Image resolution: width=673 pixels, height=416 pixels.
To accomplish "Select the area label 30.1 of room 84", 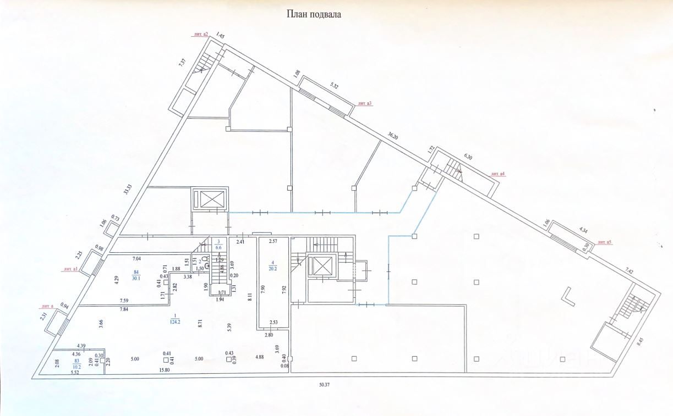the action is (x=136, y=278).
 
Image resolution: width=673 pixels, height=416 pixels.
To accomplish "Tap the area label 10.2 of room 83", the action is (x=76, y=366).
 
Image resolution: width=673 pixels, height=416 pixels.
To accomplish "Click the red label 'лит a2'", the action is (x=200, y=34).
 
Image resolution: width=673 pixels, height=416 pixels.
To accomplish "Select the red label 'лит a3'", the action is (x=365, y=103).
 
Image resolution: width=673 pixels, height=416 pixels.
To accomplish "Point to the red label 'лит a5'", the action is (x=605, y=242).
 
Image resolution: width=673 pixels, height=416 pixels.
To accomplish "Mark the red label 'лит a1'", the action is (x=71, y=269).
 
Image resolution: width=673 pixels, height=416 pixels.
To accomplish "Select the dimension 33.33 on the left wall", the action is (x=128, y=190).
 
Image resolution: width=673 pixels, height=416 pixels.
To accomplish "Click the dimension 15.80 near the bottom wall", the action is (x=164, y=370).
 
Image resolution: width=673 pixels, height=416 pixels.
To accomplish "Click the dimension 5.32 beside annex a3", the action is (x=334, y=86).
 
